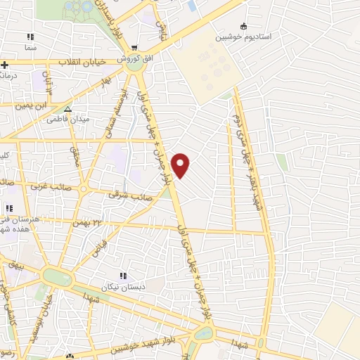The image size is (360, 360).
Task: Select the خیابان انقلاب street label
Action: tap(82, 62)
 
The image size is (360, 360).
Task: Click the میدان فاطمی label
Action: tap(68, 120)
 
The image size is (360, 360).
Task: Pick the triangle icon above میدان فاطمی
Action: tap(67, 109)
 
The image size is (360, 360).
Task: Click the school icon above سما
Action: tap(30, 36)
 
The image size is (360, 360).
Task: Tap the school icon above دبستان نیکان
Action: tap(123, 276)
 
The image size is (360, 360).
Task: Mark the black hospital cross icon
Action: tap(4, 65)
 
